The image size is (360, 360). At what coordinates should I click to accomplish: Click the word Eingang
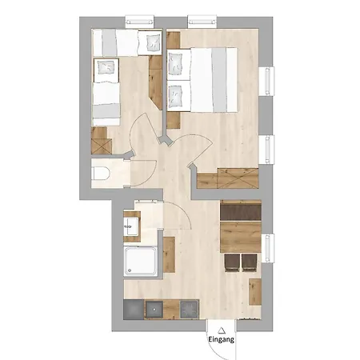(x=222, y=339)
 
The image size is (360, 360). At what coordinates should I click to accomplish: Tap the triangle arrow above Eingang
(x=221, y=331)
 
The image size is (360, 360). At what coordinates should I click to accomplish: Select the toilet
(x=101, y=174)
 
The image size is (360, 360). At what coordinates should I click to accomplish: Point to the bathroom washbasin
(x=131, y=226)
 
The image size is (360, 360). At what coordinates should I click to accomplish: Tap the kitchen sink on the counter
(x=154, y=309)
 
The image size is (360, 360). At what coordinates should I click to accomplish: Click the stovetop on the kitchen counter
(x=190, y=309)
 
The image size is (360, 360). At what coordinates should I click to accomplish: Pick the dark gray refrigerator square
(x=134, y=309)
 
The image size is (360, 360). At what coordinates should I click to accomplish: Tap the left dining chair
(x=232, y=262)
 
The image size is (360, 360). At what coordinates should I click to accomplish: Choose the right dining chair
(x=250, y=262)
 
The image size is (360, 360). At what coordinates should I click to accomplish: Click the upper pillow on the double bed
(x=175, y=65)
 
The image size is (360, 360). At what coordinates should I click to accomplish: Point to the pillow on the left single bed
(x=106, y=67)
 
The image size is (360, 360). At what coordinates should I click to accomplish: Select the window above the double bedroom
(x=202, y=22)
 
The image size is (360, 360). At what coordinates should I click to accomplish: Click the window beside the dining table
(x=268, y=248)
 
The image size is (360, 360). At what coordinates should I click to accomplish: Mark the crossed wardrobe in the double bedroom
(x=238, y=178)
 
